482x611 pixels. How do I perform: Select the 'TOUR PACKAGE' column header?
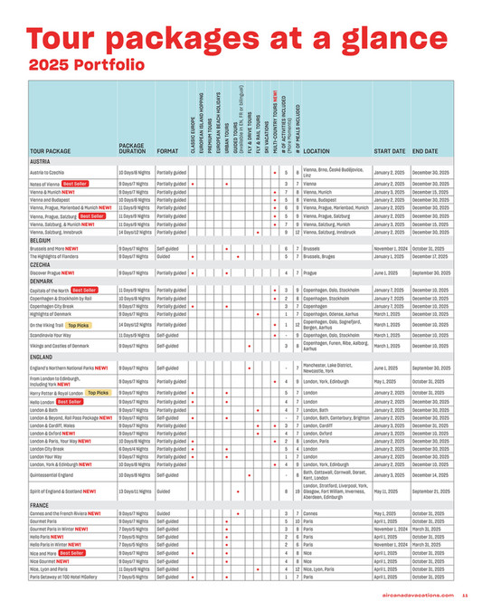(52, 150)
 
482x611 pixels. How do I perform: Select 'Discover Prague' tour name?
(52, 272)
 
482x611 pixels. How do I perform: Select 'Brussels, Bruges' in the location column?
(322, 256)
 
